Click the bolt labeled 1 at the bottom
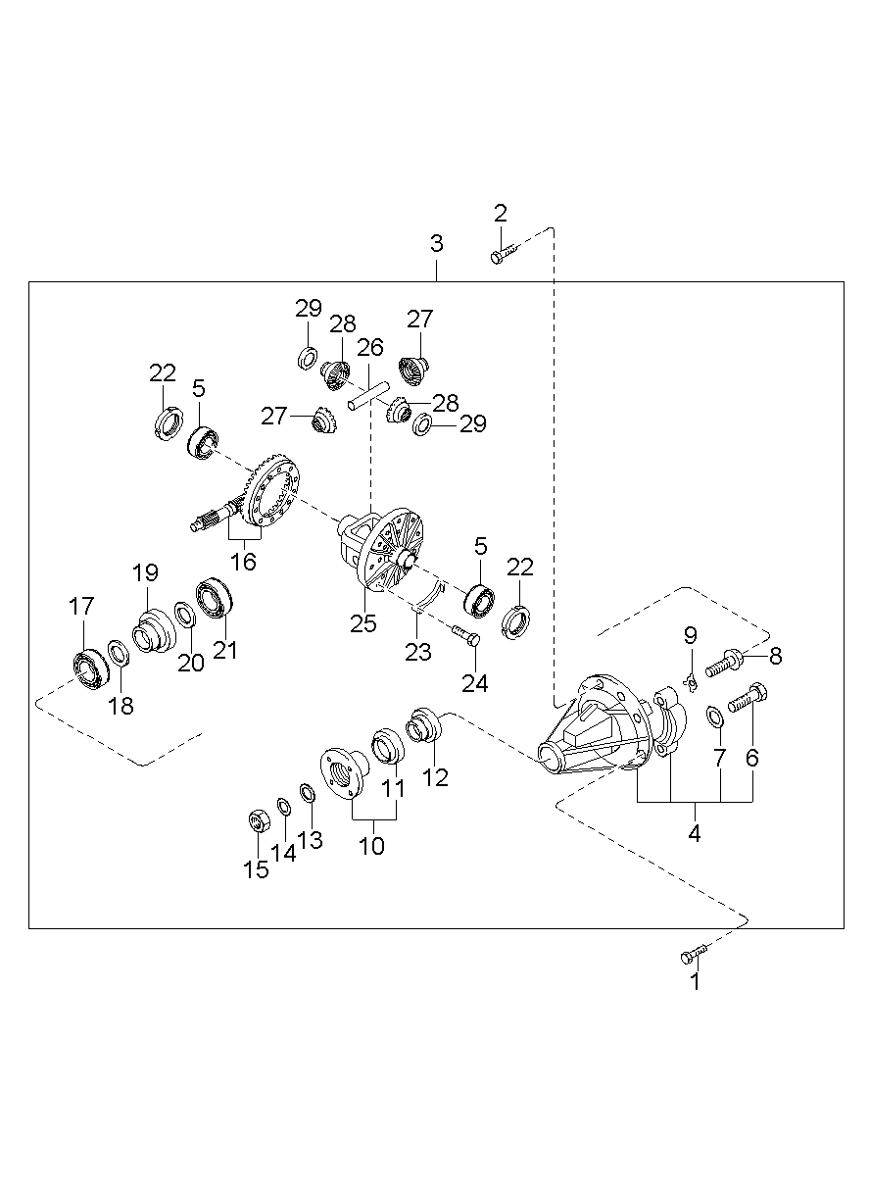click(x=693, y=953)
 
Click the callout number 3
click(x=436, y=243)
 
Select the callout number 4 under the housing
click(x=695, y=834)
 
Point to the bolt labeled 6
click(x=749, y=698)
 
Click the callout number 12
click(x=435, y=777)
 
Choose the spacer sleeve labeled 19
click(x=152, y=630)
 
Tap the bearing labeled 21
click(x=214, y=598)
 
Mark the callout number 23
click(x=418, y=652)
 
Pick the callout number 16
click(x=243, y=562)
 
